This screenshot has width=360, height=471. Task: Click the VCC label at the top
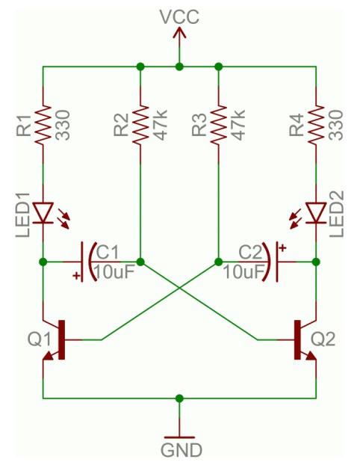point(179,16)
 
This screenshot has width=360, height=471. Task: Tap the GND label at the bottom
point(181,450)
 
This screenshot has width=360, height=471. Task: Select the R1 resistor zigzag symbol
point(43,126)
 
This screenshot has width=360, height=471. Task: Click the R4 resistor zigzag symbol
point(316,126)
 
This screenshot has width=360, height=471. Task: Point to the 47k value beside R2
point(161,126)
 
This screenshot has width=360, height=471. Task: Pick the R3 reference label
point(200,126)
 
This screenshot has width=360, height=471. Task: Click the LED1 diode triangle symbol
point(43,212)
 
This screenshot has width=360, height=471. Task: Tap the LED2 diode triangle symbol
point(316,212)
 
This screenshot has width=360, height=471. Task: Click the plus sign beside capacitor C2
point(282,248)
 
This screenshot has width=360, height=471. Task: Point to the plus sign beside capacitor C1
point(77,275)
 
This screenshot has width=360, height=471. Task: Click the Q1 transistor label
point(39,339)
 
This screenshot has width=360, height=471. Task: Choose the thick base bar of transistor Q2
point(297,339)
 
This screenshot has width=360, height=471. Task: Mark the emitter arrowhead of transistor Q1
point(49,357)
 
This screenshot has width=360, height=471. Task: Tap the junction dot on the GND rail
point(179,398)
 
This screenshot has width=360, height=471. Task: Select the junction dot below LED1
point(43,262)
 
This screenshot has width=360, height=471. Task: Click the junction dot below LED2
point(316,262)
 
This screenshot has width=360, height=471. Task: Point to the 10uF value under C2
point(243,272)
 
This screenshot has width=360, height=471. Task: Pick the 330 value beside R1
point(63,126)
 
